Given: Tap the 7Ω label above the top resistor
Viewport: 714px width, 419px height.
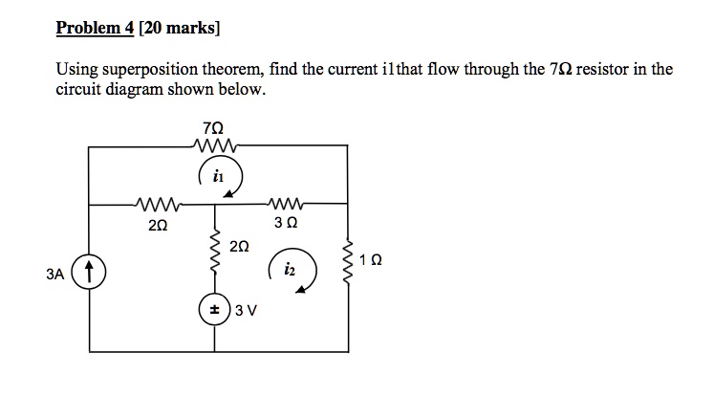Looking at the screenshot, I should click(x=215, y=127).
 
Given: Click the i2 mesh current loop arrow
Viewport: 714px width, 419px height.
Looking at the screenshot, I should click(x=291, y=272).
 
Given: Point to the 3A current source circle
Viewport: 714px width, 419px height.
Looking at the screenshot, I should click(x=90, y=274).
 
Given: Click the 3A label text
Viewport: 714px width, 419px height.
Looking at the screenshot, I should click(x=55, y=275).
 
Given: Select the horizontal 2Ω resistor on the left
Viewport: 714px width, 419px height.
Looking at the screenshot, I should click(x=156, y=203).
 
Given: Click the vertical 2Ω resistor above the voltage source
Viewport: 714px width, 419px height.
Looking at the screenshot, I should click(x=213, y=254).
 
